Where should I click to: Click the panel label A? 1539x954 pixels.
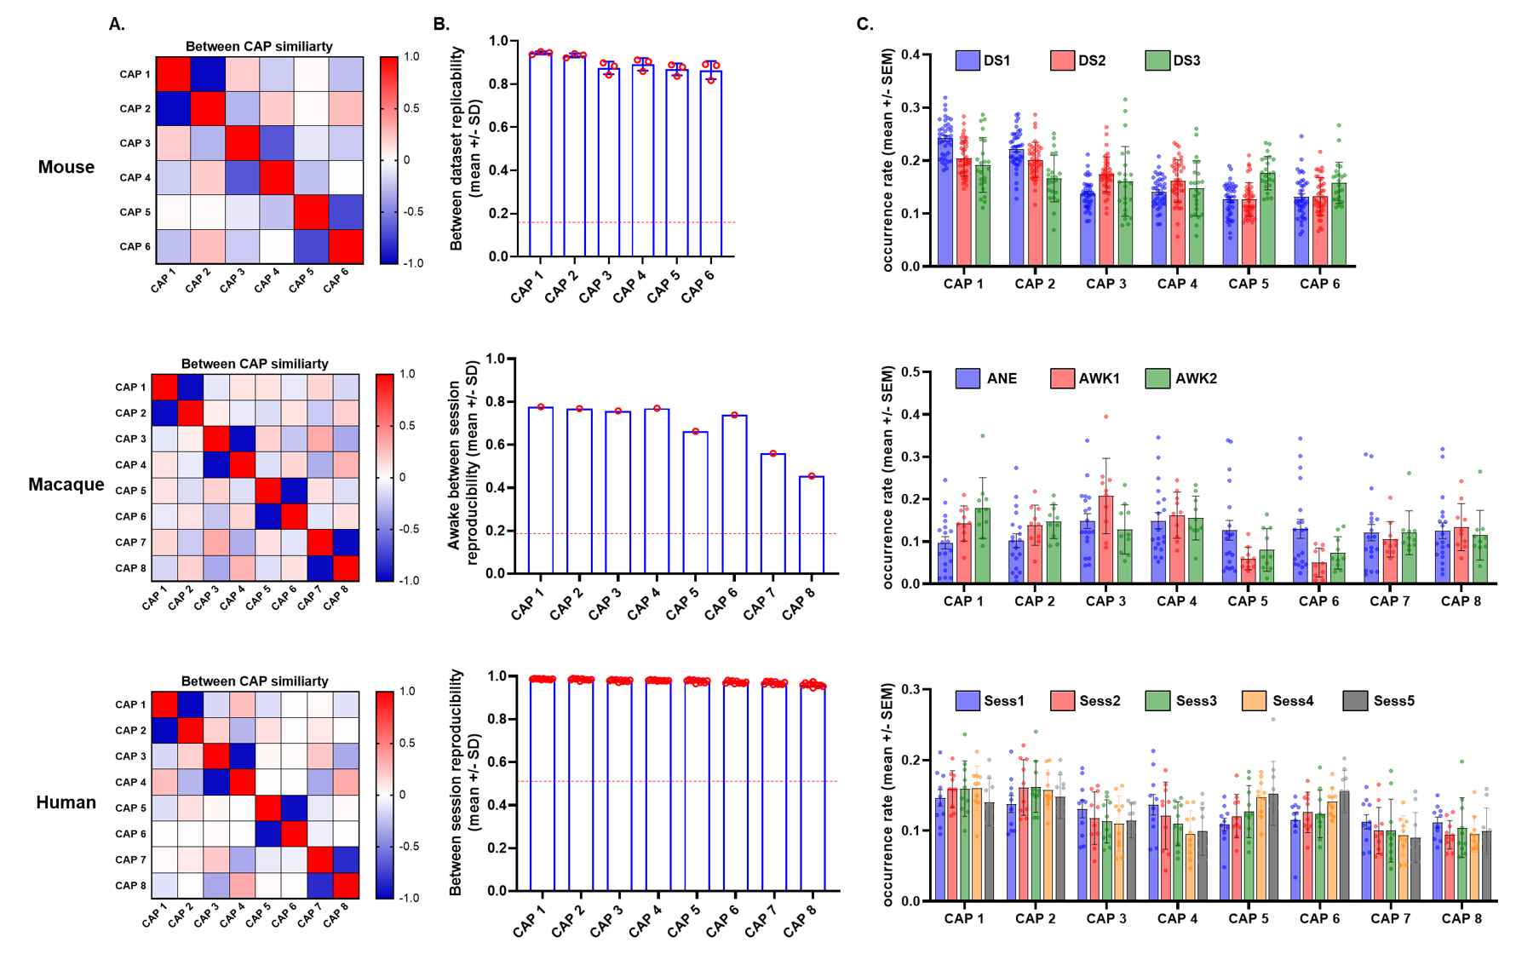point(117,24)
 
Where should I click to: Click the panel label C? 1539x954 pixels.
point(864,24)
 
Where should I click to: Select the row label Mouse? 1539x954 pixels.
point(66,167)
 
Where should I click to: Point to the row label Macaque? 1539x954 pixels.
point(66,485)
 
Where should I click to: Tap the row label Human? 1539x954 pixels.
point(66,802)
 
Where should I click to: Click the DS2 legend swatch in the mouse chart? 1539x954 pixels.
point(1062,60)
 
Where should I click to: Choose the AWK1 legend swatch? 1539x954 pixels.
point(1062,378)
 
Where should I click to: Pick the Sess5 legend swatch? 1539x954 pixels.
point(1355,701)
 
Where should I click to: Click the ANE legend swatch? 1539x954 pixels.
point(968,378)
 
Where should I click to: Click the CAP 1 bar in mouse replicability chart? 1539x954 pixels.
point(541,153)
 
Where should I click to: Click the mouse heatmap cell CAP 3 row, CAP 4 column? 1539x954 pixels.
point(277,143)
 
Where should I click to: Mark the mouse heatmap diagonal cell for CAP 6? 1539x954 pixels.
point(346,246)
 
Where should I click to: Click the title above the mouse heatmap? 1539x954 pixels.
point(259,46)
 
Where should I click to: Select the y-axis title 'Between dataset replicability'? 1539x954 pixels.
point(467,149)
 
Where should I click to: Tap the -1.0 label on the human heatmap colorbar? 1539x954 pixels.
point(411,898)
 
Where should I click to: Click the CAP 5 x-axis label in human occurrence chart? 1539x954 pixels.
point(1248,918)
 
